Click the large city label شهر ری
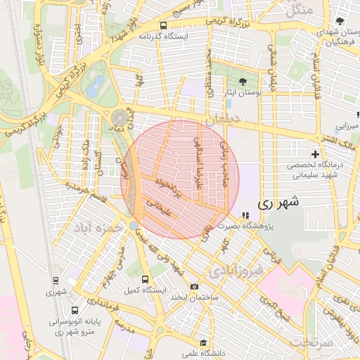click(278, 202)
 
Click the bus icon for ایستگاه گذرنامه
click(164, 25)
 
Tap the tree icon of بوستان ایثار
click(243, 82)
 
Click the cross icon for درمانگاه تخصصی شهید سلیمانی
click(315, 154)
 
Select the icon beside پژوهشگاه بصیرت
click(245, 216)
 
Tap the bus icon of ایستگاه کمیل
click(146, 279)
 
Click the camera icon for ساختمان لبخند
click(195, 287)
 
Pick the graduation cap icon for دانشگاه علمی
click(203, 343)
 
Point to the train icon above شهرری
click(56, 279)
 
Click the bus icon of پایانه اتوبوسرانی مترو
click(75, 310)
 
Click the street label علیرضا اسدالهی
click(198, 162)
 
